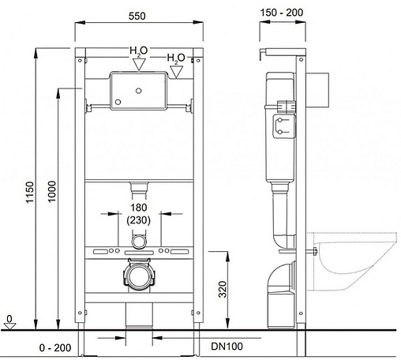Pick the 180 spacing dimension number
138,208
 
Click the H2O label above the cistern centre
138,53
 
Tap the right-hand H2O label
176,58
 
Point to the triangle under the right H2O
177,71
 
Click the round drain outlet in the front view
138,276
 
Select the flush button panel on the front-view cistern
139,90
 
